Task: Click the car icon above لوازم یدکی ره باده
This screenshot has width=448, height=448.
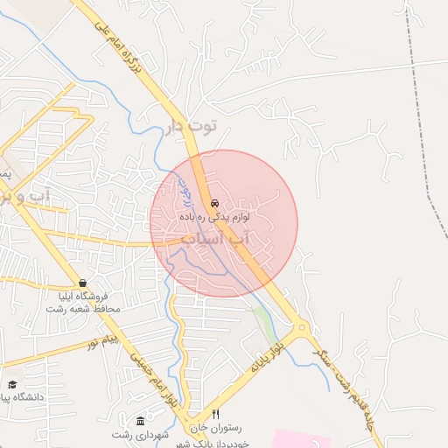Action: [214, 199]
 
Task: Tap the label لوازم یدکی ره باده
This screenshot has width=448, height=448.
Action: [222, 213]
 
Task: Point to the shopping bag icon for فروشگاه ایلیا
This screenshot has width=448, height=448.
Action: [82, 283]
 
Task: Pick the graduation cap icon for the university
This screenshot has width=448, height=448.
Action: [12, 384]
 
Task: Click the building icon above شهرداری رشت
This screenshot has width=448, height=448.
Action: [140, 421]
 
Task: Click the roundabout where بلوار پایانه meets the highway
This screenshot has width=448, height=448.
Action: [302, 331]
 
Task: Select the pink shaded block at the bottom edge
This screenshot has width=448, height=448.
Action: [302, 438]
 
